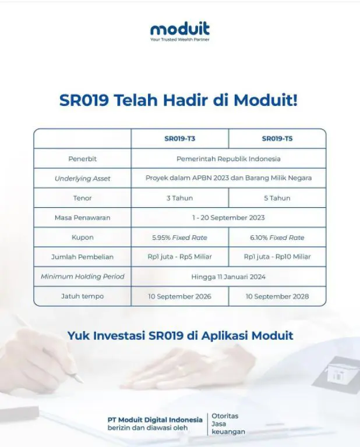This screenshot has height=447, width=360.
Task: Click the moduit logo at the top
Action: pos(180,31)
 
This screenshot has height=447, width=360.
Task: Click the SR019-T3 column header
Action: pos(180,139)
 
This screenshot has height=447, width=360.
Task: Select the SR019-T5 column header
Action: pos(277,139)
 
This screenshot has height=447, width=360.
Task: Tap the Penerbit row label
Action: pos(83,159)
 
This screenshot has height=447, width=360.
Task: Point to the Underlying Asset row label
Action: pos(83,179)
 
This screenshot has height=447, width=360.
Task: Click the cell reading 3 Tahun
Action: pos(180,198)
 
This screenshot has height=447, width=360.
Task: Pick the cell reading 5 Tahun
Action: pos(277,198)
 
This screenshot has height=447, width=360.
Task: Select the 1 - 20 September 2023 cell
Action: pos(228,218)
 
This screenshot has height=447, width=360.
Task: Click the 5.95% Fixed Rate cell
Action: pos(180,237)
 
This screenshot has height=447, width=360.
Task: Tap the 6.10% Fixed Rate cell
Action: pos(277,237)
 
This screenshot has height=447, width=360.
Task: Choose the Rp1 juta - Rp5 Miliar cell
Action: pos(180,257)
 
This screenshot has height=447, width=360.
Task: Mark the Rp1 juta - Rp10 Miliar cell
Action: pos(277,257)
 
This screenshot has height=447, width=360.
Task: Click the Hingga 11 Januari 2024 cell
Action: pos(228,277)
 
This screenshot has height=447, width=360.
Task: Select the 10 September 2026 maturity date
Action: pos(180,296)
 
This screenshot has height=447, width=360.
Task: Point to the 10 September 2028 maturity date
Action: pos(277,296)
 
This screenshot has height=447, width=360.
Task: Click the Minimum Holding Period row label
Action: pos(83,276)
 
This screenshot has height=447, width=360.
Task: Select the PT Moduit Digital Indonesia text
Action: pos(155,420)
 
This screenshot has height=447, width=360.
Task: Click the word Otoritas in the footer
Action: pos(225,416)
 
